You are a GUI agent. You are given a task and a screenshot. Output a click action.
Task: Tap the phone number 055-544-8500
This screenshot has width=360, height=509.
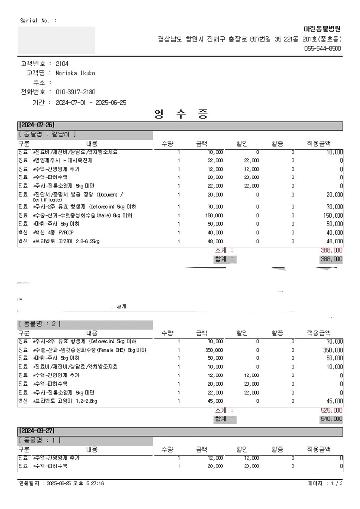[323, 48]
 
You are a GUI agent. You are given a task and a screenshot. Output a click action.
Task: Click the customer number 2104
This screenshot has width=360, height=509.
[62, 64]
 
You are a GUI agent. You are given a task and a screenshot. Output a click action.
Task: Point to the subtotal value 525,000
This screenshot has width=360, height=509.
[331, 410]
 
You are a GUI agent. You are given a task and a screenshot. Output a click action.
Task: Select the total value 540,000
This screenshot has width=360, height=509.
[331, 419]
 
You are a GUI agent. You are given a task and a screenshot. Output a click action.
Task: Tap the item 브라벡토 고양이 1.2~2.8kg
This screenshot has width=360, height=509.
[65, 401]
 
